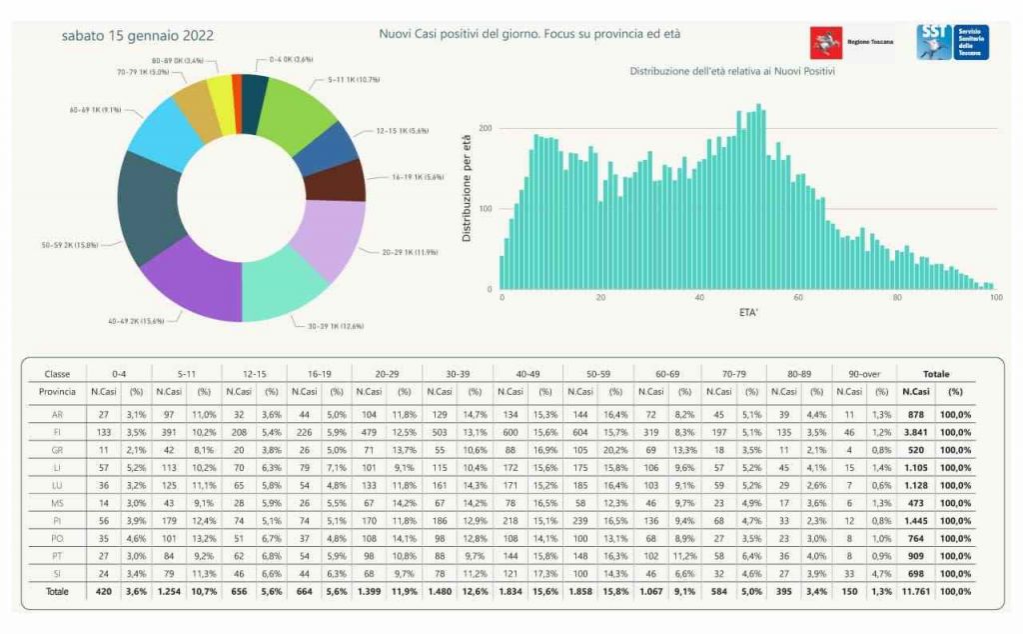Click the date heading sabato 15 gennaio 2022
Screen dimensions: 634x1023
click(x=137, y=36)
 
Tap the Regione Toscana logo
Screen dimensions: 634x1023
click(x=851, y=43)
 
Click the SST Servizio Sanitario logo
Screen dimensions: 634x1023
click(x=952, y=42)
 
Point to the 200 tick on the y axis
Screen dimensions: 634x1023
click(x=486, y=129)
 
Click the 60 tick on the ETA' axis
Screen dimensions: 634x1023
click(x=797, y=298)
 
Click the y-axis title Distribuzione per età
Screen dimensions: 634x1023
click(x=467, y=190)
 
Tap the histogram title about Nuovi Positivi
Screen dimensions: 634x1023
click(x=732, y=72)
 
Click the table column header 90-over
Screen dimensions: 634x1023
click(x=862, y=373)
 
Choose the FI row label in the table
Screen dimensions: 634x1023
click(x=57, y=432)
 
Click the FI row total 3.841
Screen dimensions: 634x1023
click(x=915, y=432)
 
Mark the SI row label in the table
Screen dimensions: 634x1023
click(x=57, y=573)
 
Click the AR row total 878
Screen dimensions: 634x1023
click(x=916, y=414)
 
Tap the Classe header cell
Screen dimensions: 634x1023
click(x=57, y=373)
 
